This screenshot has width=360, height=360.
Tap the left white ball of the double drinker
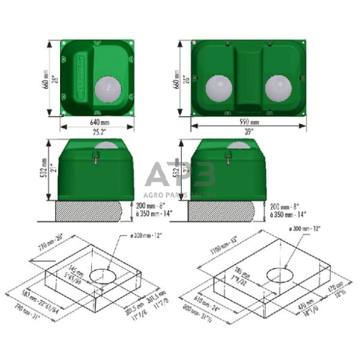[219, 88]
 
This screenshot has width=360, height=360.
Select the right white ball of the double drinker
[278, 88]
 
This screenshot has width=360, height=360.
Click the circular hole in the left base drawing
[105, 277]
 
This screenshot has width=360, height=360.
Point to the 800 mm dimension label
[197, 313]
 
